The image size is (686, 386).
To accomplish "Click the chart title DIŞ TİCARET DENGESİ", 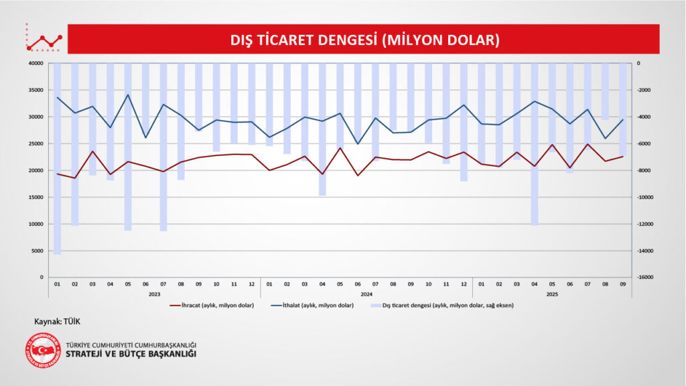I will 365,40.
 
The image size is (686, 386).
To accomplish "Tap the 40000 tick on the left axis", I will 36,64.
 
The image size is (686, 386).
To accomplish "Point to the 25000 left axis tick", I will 36,143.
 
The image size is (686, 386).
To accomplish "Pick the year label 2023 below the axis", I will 154,294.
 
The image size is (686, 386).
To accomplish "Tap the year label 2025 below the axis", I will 552,294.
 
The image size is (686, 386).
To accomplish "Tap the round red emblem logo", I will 42,350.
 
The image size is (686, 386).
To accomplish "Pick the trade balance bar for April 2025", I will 534,144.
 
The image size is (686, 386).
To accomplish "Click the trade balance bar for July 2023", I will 163,147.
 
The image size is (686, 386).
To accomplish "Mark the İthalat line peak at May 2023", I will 128,94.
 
